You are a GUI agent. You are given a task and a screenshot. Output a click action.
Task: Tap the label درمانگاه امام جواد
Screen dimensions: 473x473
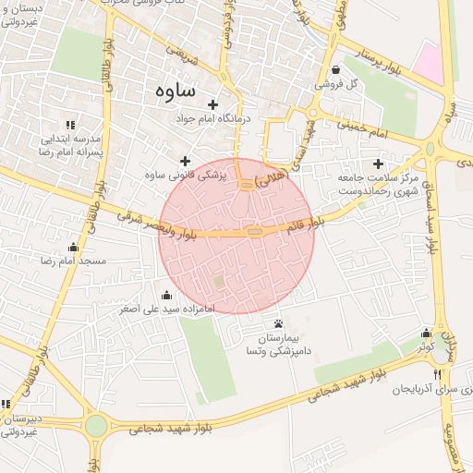[213, 118]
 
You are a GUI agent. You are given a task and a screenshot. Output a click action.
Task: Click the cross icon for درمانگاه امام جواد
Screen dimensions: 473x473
[213, 104]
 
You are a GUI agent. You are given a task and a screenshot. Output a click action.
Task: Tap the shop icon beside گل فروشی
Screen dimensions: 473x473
[334, 70]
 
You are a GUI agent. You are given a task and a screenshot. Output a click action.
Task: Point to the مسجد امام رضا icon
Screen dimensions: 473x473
[74, 248]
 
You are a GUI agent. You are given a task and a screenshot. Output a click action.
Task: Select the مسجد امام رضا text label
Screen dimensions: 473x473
[74, 261]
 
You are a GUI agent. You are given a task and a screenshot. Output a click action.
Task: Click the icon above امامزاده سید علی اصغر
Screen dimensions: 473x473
[166, 295]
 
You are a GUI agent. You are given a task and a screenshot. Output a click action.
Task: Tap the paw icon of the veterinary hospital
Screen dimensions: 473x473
[278, 322]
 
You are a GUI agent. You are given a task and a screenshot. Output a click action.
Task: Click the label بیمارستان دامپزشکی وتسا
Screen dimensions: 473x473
[278, 345]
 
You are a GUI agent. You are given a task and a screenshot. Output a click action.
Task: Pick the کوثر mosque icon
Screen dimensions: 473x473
[426, 333]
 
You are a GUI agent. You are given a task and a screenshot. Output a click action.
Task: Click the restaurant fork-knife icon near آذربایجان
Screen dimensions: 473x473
[437, 375]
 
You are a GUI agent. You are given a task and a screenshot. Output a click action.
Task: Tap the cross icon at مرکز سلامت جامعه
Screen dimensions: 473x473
[378, 163]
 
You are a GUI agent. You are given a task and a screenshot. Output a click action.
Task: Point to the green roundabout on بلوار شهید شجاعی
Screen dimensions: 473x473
[96, 426]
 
